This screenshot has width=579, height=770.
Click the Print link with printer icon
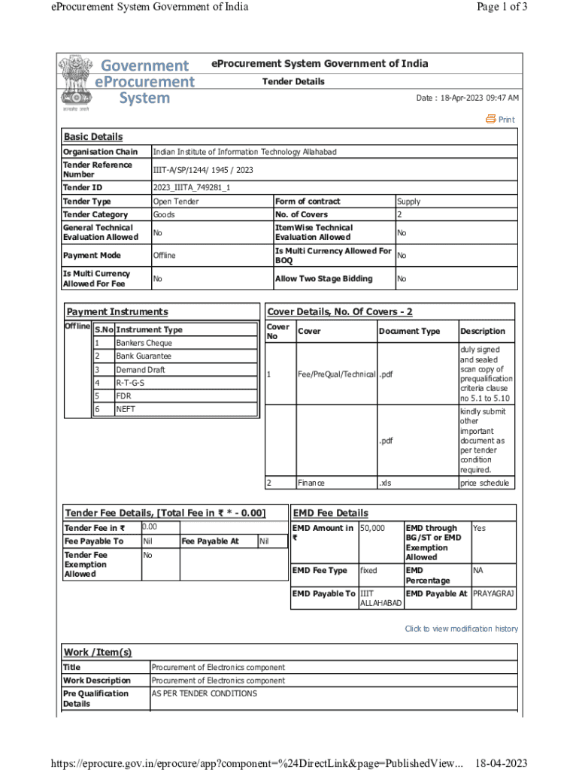[501, 120]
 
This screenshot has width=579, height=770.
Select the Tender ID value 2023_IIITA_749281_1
[192, 187]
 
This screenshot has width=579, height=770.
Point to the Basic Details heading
[92, 137]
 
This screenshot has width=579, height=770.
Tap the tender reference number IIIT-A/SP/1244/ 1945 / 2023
[203, 170]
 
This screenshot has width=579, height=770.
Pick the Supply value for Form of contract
[408, 202]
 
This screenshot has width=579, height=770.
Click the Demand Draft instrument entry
[141, 370]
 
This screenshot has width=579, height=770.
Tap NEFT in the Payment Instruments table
[126, 410]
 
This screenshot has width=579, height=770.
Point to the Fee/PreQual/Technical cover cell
[335, 374]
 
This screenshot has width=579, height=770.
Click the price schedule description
[484, 484]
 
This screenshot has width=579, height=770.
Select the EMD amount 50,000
[373, 529]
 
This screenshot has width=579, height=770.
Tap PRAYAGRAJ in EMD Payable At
[493, 594]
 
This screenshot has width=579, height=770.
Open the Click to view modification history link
[461, 629]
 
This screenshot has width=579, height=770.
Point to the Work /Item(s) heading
[98, 652]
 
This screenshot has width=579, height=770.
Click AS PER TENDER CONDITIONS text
[205, 693]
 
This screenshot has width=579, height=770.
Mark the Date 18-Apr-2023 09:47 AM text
[467, 99]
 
